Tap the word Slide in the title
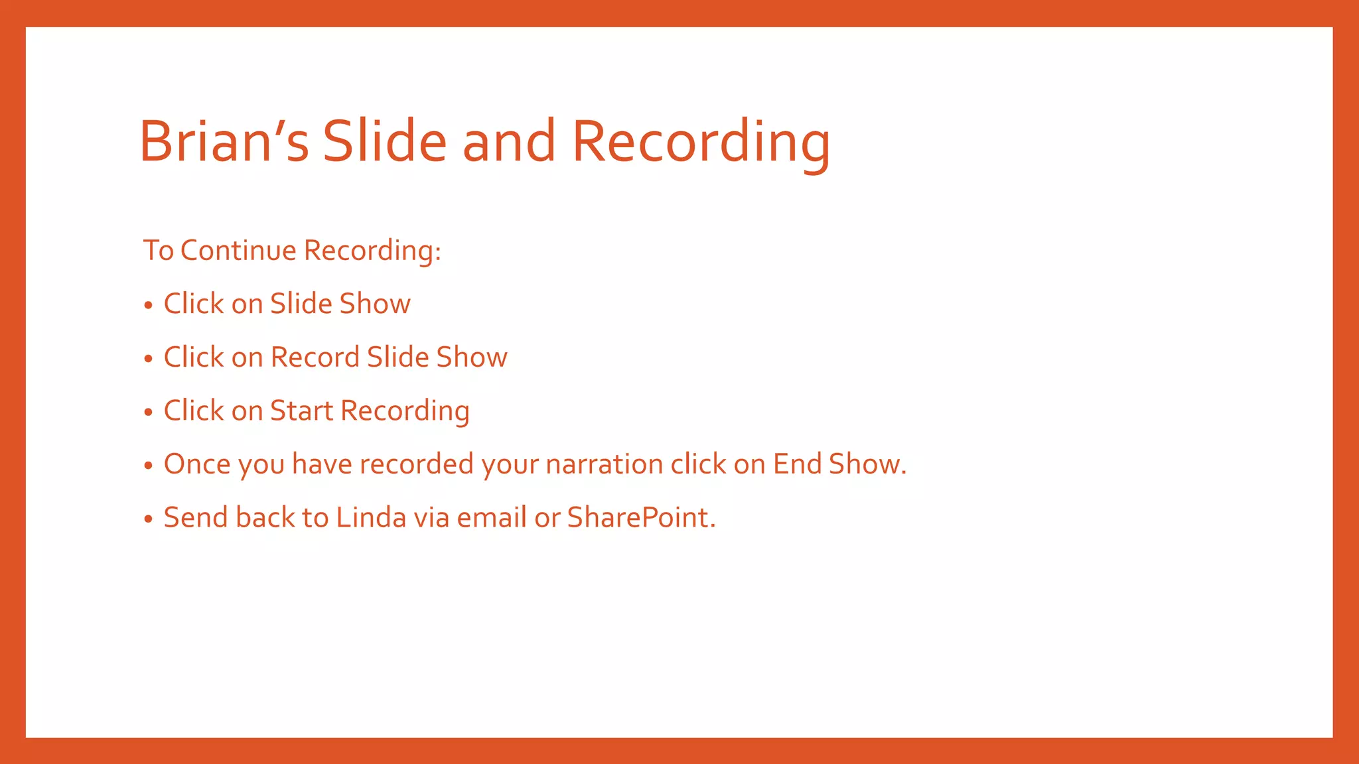384,141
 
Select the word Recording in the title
701,141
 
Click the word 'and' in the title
509,141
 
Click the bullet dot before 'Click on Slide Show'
149,305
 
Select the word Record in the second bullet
315,357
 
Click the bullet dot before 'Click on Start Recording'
149,412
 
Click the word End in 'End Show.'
797,464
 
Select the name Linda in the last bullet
371,518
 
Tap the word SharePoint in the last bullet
641,518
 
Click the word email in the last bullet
492,518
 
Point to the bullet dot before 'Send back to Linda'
149,519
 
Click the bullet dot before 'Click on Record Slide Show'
149,359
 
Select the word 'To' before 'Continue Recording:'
158,251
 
